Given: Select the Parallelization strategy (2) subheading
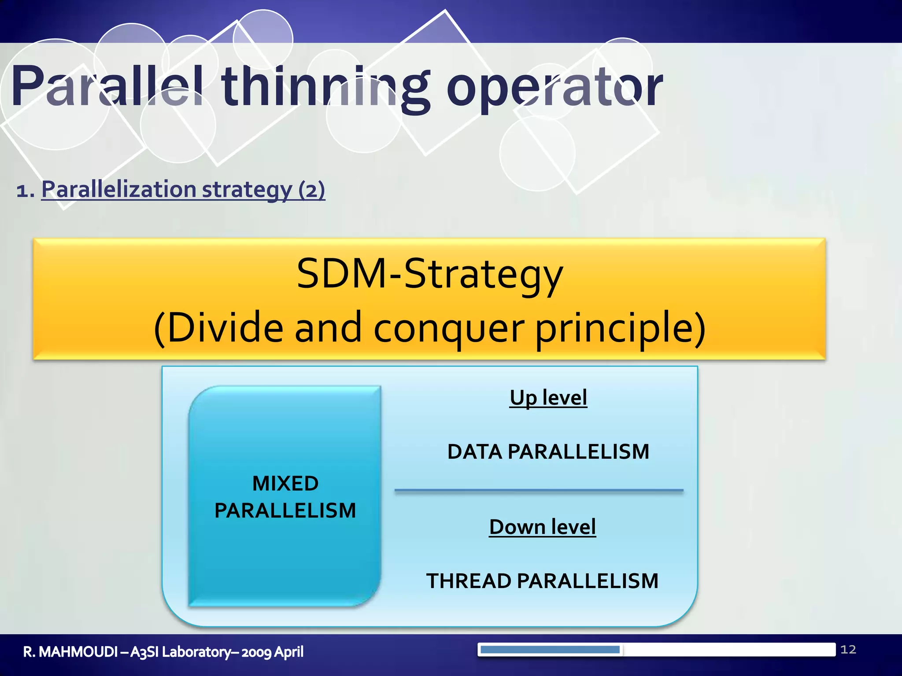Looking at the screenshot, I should (x=183, y=190).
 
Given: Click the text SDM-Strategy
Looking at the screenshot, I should (x=429, y=274).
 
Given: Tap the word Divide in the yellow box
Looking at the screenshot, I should (x=225, y=328).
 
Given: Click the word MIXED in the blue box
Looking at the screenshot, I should (x=285, y=484).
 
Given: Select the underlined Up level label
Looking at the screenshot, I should (x=548, y=398).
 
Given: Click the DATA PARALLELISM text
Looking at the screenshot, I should (x=548, y=452).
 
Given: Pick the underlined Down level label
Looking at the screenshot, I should (x=542, y=527).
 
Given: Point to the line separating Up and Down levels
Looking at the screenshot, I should (x=538, y=490).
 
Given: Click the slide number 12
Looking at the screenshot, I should (x=848, y=650).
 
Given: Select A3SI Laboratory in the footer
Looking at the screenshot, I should (x=180, y=652).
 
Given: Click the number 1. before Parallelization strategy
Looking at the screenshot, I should (x=25, y=191).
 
